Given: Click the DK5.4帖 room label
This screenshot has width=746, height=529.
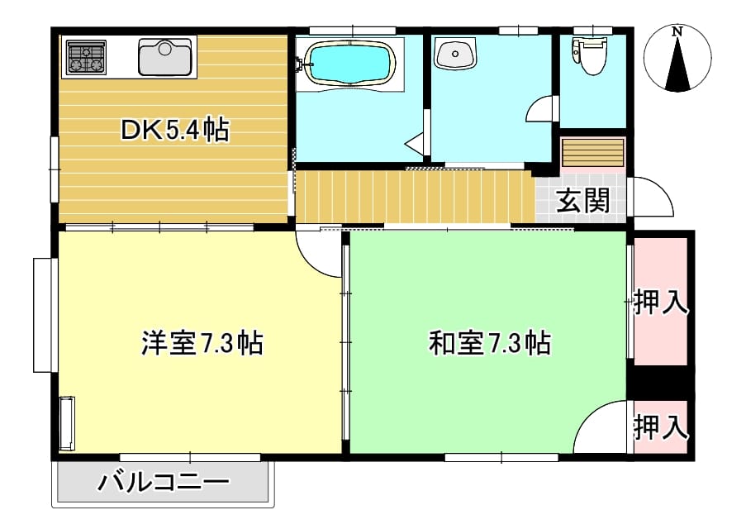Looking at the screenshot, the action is point(175,130).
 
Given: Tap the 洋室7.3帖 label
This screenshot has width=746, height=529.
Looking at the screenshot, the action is point(202,342).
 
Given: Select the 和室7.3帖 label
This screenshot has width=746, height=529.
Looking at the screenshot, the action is point(490,342).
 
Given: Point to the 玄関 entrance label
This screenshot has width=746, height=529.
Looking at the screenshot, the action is point(582,200).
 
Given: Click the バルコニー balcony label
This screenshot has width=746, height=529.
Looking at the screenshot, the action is point(164,482).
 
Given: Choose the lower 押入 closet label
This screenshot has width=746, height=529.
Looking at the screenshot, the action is point(661,427).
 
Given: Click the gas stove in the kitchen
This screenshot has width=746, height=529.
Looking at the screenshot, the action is point(86,57).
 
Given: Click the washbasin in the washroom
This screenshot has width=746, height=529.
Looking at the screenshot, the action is point(455,54).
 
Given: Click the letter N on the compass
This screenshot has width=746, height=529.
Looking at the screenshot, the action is point(677,32).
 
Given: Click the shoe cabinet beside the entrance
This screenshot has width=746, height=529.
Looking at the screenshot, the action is point(592,152).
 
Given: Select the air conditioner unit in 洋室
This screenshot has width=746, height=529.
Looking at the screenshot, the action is point(67,423).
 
